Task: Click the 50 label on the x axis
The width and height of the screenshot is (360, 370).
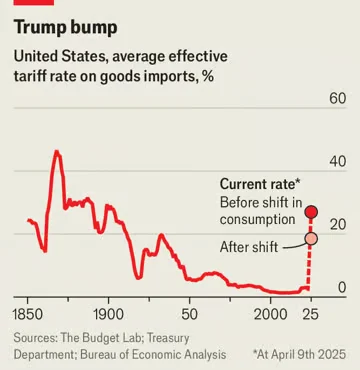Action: click(191, 314)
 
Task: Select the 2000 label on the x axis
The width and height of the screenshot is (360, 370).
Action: click(269, 314)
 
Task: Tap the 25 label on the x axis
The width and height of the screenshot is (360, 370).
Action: click(310, 314)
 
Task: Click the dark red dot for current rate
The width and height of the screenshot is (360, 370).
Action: click(311, 212)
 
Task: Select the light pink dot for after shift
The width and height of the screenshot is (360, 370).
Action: click(311, 238)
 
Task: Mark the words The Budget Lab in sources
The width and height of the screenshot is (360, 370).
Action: click(113, 336)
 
